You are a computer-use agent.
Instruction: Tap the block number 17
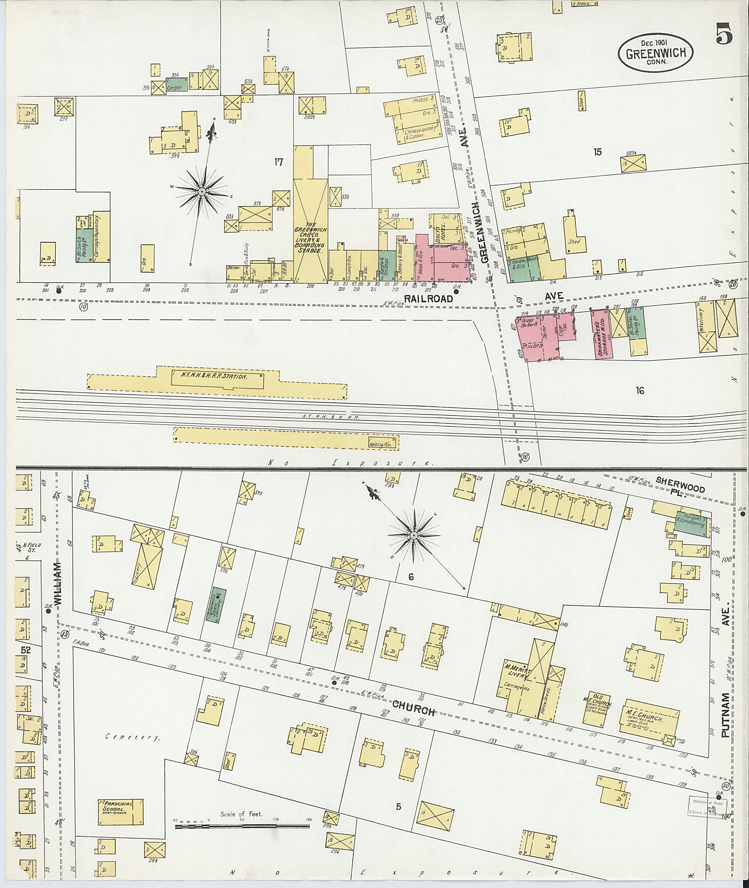(x=279, y=162)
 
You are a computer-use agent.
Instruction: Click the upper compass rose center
(x=202, y=192)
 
